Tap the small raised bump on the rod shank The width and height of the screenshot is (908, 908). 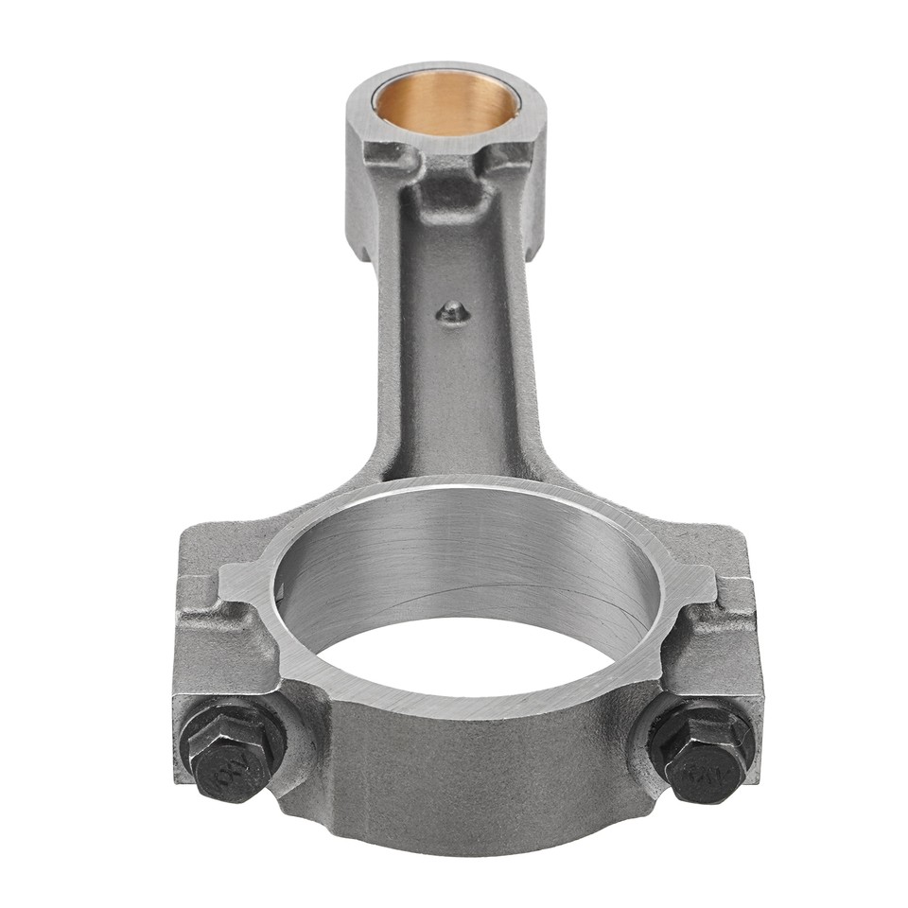click(x=455, y=310)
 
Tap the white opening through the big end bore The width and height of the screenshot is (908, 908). click(x=473, y=653)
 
